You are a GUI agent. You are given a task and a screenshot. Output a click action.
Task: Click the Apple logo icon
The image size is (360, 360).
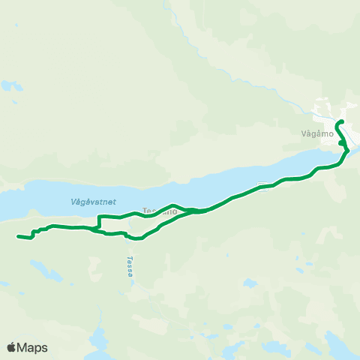pos(11,347)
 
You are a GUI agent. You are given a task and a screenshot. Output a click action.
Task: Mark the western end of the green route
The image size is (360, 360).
pos(17,237)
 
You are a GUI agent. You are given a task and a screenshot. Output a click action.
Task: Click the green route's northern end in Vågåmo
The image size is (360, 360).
pos(341,121)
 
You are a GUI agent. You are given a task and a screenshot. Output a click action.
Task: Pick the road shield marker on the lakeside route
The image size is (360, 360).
pos(261,185)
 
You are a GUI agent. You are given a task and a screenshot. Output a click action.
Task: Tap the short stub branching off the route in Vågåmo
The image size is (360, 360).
pos(341,143)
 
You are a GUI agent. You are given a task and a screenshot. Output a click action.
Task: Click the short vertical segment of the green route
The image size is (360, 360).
pos(100,222)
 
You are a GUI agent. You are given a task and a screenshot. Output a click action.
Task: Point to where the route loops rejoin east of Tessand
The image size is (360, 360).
pos(196,211)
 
